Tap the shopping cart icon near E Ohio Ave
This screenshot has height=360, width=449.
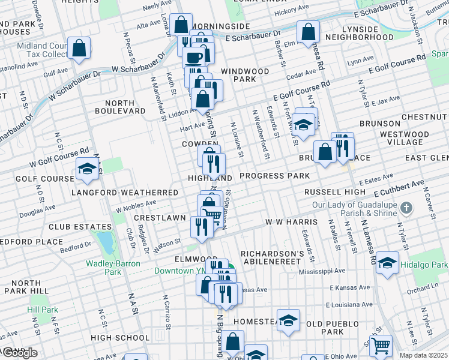[x=381, y=346]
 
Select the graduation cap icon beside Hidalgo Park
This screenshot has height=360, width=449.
[x=388, y=262]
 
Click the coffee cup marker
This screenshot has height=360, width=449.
[x=193, y=58]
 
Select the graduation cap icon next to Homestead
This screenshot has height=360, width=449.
[x=288, y=320]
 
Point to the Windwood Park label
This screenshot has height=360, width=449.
[x=244, y=75]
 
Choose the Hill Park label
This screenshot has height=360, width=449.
[x=42, y=310]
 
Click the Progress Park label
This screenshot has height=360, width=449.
[x=274, y=176]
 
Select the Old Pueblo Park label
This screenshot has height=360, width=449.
[x=324, y=328]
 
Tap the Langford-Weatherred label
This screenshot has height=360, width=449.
[x=124, y=193]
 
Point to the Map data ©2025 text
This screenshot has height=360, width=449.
[x=424, y=355]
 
